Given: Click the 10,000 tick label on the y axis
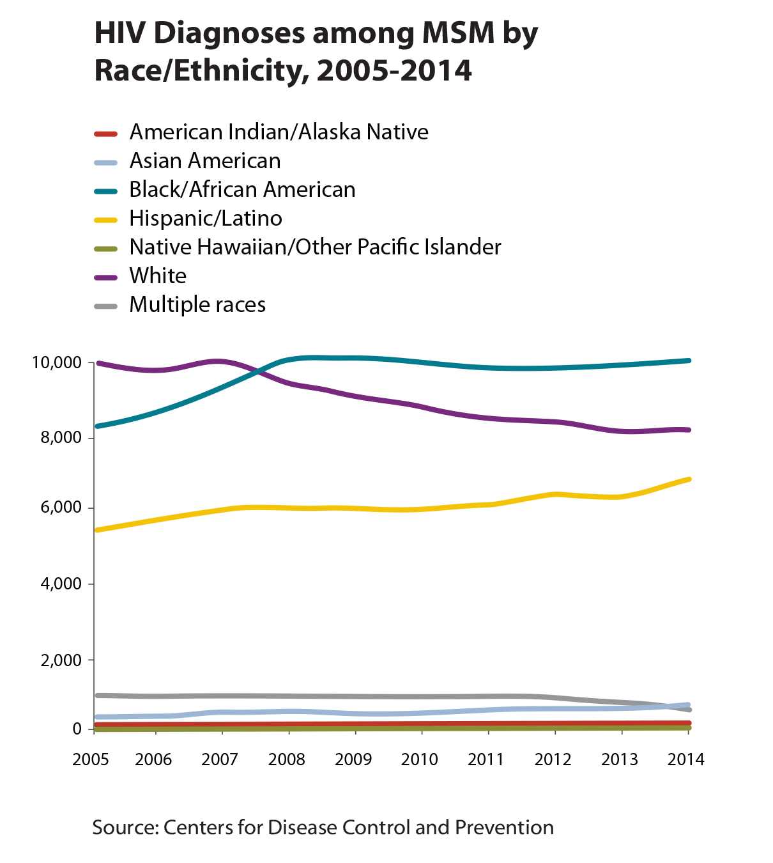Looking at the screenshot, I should point(57,363).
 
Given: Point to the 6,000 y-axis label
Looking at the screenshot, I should point(61,508).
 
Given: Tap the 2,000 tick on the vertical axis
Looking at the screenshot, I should point(61,660).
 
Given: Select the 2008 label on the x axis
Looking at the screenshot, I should point(286,759).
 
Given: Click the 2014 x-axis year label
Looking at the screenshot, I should point(685,759).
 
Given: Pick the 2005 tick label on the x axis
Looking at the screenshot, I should point(91,759).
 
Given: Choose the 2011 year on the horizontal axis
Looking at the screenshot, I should point(486,759).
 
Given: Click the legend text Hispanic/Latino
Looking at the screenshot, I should point(205,219).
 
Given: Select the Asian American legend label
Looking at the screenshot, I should point(205,161).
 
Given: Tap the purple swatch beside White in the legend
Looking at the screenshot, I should point(105,277).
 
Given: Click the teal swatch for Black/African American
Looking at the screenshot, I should point(105,191).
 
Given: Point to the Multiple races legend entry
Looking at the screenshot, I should point(197,305).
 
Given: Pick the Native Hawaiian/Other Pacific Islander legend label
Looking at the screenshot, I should point(315,247).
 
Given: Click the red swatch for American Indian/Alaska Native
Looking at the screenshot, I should point(105,134).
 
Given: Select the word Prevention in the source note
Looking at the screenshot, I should point(504,828).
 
